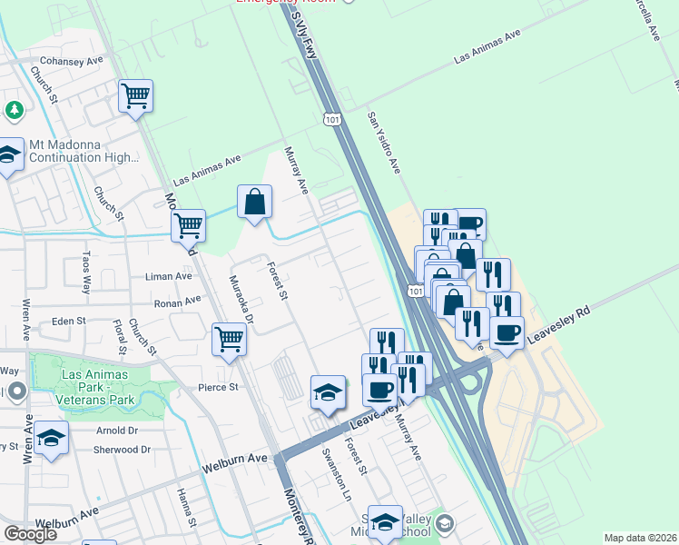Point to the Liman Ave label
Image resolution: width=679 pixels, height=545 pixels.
(x=170, y=275)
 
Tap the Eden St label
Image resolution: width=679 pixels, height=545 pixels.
(x=68, y=321)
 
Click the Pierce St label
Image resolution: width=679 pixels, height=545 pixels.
(x=218, y=387)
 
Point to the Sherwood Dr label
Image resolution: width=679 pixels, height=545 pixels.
(x=122, y=450)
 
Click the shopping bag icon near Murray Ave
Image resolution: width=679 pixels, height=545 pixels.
(x=255, y=202)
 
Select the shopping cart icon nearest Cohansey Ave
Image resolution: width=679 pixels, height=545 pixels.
(x=135, y=95)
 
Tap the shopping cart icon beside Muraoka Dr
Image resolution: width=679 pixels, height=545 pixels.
(x=230, y=341)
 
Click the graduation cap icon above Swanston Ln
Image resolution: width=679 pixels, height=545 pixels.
(x=328, y=392)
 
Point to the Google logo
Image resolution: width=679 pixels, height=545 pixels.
(x=31, y=534)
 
